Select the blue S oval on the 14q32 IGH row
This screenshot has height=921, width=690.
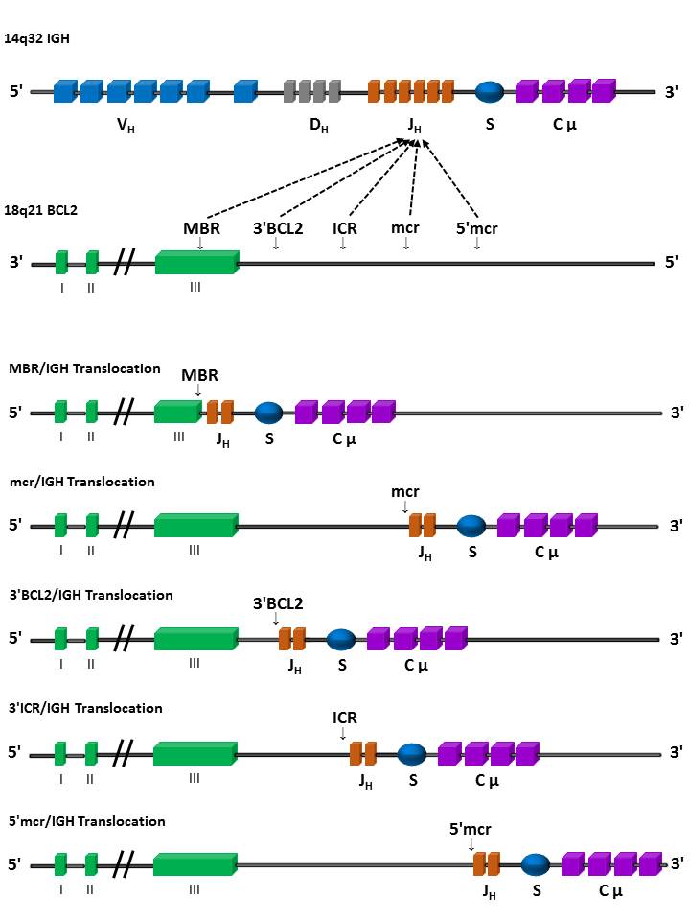click(490, 91)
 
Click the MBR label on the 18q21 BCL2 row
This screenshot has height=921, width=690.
click(201, 228)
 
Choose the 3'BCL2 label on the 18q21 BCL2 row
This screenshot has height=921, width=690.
click(275, 228)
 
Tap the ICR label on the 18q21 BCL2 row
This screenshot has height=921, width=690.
click(345, 228)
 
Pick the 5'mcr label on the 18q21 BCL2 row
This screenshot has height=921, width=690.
click(476, 228)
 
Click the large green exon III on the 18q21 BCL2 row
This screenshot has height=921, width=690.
click(195, 262)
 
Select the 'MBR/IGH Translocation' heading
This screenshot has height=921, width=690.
click(84, 368)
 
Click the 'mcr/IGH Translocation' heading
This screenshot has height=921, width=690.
click(81, 482)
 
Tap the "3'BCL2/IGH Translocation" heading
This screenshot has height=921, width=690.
click(91, 595)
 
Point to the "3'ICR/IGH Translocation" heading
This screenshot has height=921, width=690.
click(85, 708)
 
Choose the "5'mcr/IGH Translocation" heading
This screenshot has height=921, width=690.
click(87, 821)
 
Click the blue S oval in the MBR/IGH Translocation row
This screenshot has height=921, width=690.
click(268, 413)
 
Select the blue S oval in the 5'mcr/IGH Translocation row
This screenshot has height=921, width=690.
click(536, 865)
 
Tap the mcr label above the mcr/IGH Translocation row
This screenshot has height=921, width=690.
click(405, 491)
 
